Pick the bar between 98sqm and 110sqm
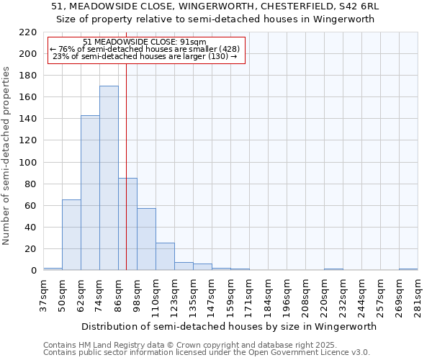click(x=146, y=239)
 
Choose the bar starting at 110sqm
click(x=165, y=256)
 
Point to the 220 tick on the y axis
click(x=29, y=32)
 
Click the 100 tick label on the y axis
click(x=29, y=163)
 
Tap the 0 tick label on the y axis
click(x=34, y=271)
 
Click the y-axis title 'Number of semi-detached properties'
click(x=7, y=156)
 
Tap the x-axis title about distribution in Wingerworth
click(x=230, y=326)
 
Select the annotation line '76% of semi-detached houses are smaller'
click(x=146, y=49)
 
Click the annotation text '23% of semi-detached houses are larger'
click(x=146, y=56)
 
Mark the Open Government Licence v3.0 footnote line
click(x=207, y=352)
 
